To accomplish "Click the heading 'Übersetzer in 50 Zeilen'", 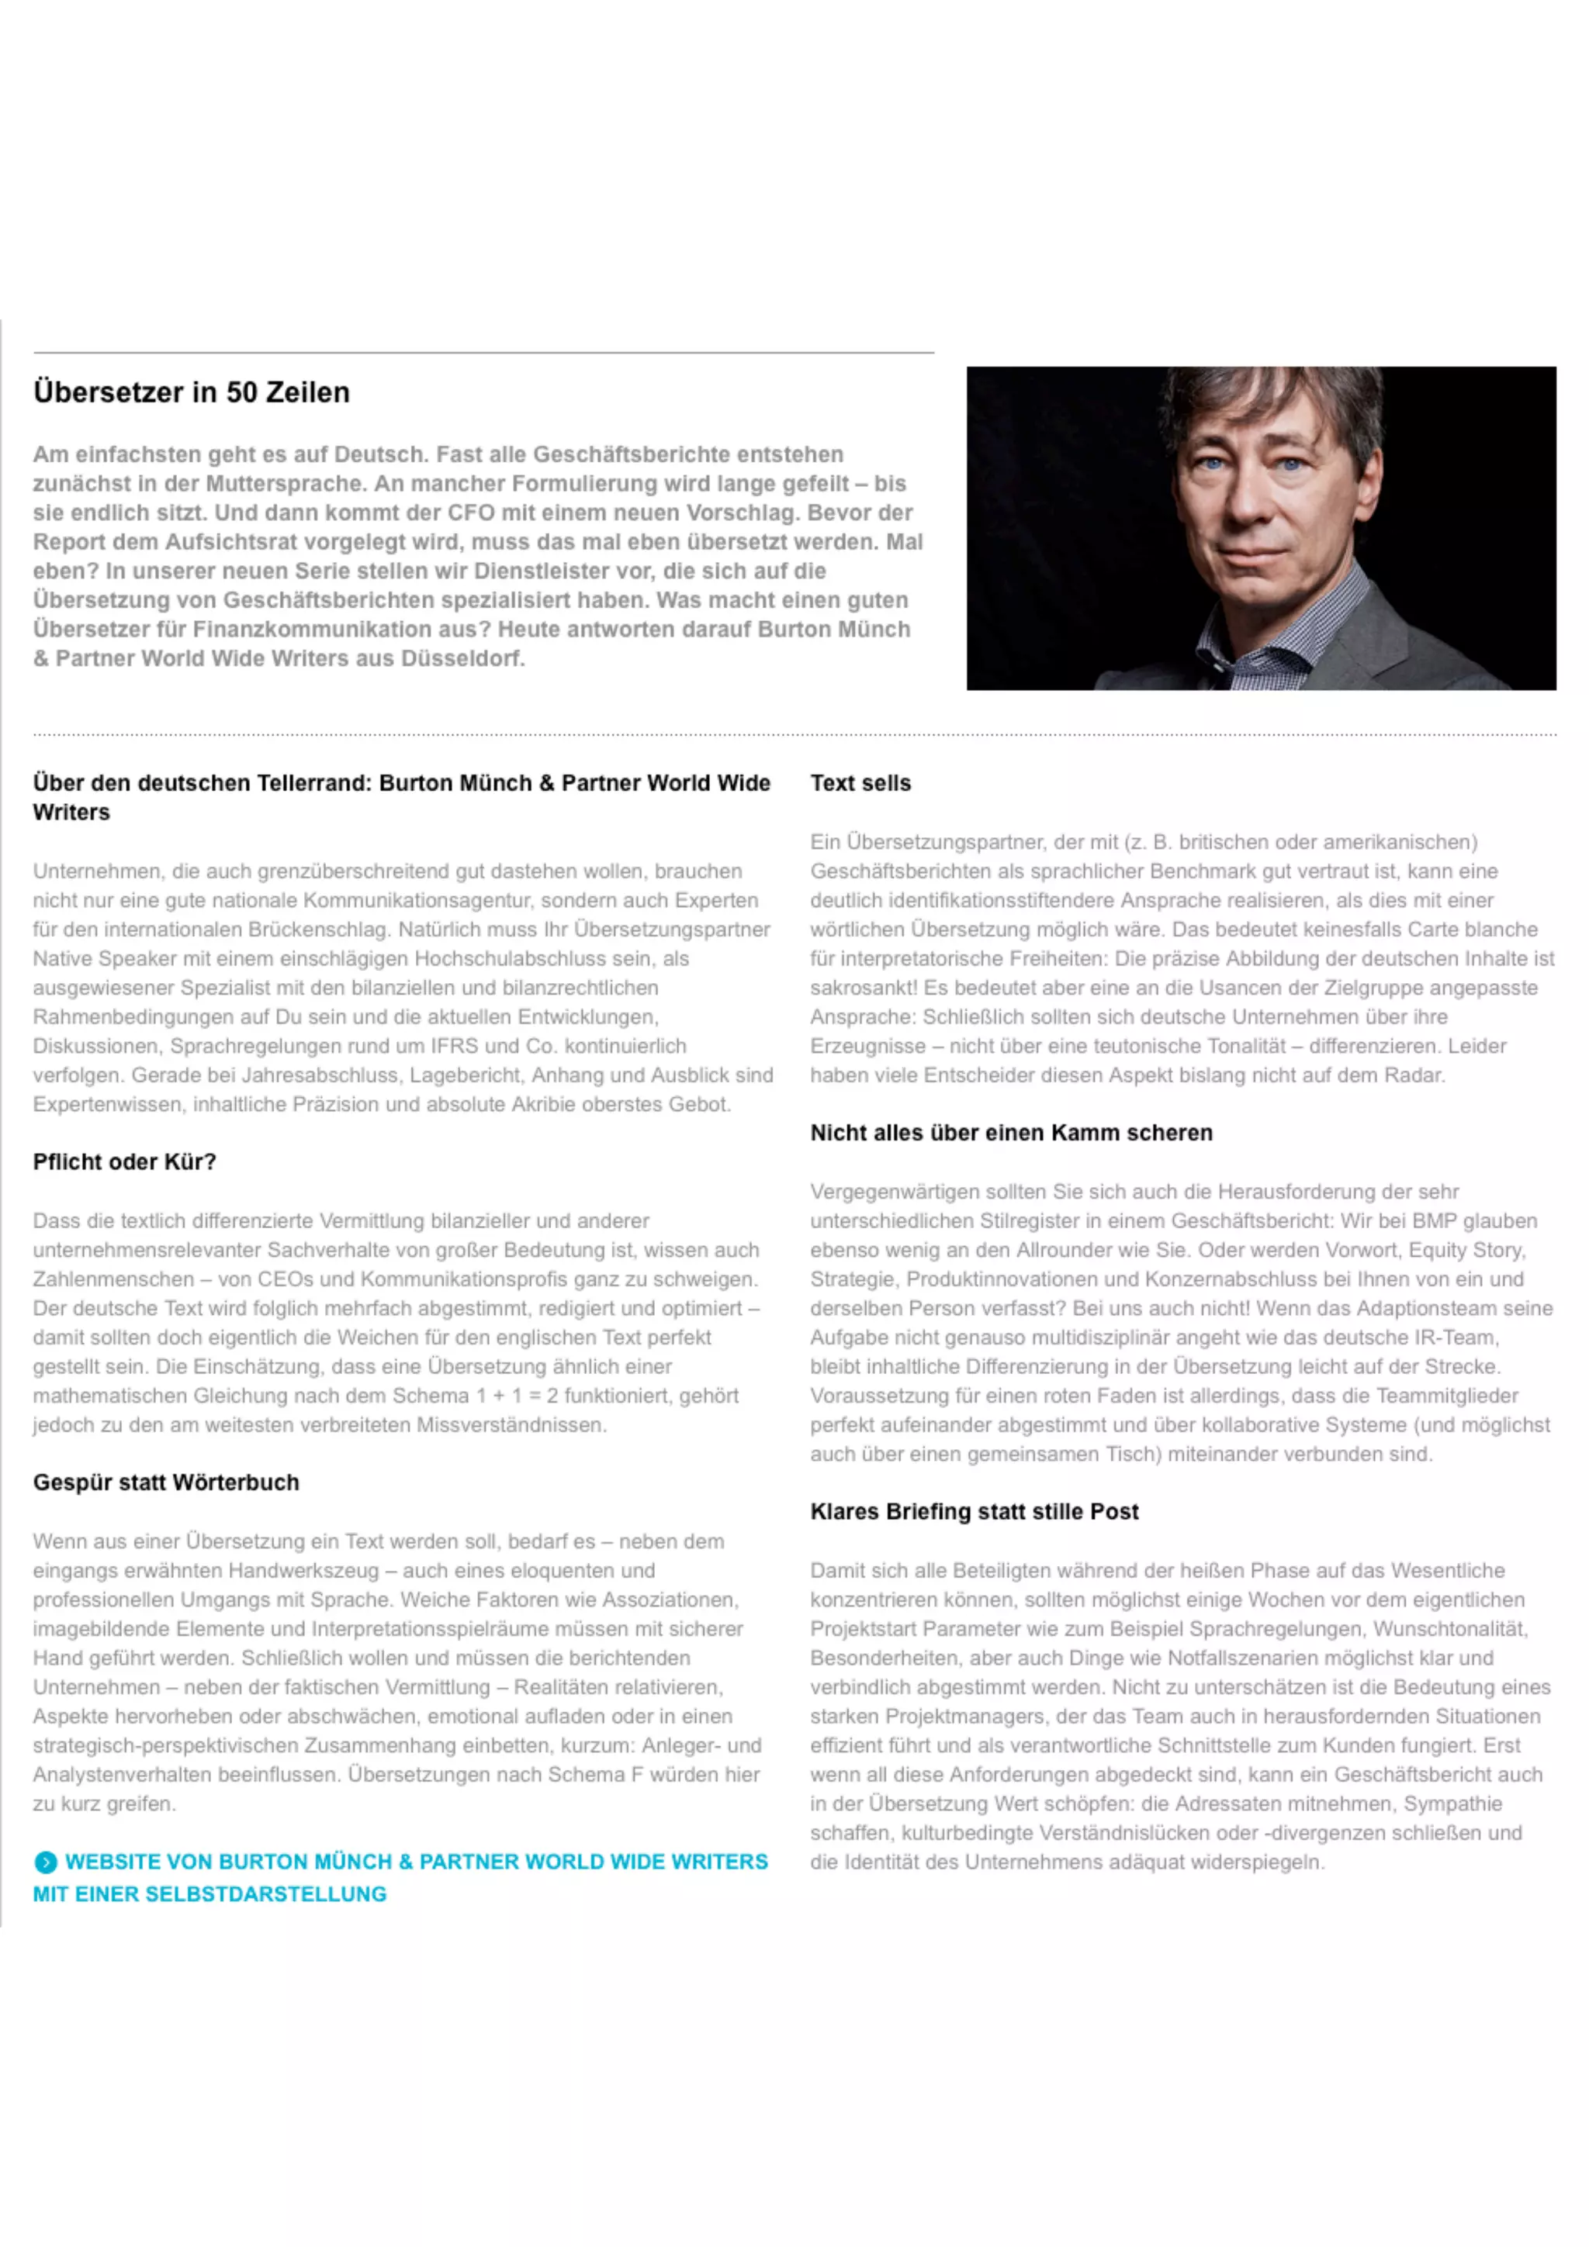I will [191, 392].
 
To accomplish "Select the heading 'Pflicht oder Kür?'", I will [124, 1161].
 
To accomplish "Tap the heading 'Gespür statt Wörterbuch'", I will [165, 1482].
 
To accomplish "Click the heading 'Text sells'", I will [860, 783].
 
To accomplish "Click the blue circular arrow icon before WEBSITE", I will [45, 1862].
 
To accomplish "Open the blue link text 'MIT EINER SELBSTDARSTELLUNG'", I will [209, 1893].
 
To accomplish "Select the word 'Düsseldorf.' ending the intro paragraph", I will [462, 658].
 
